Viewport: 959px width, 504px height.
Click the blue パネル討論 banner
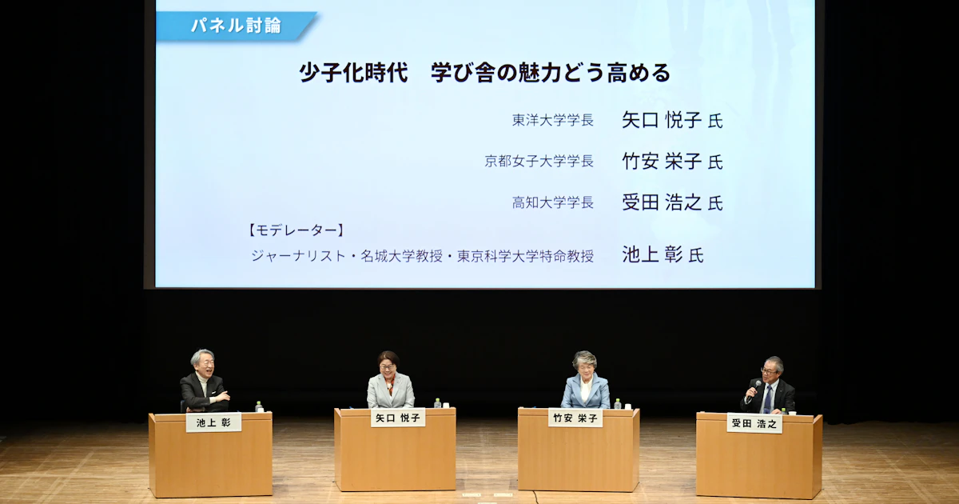pos(236,26)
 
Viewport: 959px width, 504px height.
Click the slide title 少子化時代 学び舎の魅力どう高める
pos(484,73)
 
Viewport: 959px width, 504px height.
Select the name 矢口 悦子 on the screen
pos(662,120)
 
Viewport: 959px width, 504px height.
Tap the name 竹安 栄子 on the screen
pos(662,161)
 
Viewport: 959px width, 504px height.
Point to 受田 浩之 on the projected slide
pos(662,202)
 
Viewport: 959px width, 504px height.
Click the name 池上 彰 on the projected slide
pos(652,254)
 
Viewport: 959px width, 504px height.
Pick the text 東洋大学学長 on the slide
pos(553,120)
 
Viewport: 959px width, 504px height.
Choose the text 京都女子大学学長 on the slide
pos(539,161)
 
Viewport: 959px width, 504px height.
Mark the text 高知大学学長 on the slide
pos(553,202)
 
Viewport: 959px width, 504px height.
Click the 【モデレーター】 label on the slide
pos(296,230)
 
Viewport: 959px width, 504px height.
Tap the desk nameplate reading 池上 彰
pos(213,422)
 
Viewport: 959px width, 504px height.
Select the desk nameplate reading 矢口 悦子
pos(398,418)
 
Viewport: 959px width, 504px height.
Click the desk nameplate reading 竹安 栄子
pos(575,418)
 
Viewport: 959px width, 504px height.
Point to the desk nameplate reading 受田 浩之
pos(754,423)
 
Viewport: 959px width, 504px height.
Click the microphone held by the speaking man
pos(754,388)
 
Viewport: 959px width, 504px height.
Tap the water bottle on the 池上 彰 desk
pos(259,406)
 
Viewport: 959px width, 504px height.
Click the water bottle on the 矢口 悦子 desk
pos(437,403)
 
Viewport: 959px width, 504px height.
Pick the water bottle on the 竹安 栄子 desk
pos(617,404)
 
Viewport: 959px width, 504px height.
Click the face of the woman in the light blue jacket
pos(584,367)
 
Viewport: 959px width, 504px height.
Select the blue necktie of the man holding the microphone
pos(767,399)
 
